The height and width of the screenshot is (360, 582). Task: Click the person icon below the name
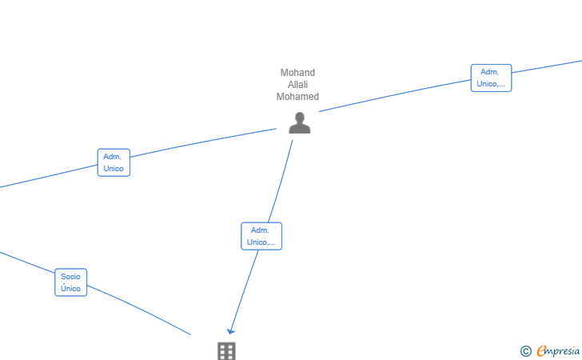tap(300, 123)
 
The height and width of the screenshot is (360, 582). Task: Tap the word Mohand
tap(297, 73)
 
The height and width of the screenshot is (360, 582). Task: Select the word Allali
tap(297, 85)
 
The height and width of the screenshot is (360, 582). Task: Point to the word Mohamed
tap(297, 97)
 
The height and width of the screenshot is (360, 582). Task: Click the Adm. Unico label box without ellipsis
tap(114, 162)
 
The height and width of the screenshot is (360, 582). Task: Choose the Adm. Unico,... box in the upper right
tap(491, 78)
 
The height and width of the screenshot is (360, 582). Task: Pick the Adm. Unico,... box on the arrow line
tap(261, 236)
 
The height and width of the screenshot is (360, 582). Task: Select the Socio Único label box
tap(70, 282)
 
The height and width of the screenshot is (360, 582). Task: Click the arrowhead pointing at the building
tap(230, 330)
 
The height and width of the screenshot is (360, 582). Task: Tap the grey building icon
tap(226, 351)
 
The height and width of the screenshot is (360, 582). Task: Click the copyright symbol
tap(526, 351)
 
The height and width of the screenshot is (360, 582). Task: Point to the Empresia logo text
tap(558, 350)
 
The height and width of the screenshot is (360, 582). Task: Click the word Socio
tap(70, 277)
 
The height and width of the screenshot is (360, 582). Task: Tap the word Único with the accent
tap(70, 288)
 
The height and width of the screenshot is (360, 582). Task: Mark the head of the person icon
tap(300, 118)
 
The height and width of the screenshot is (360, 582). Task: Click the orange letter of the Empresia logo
tap(541, 350)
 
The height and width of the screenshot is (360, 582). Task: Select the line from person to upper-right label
tap(395, 95)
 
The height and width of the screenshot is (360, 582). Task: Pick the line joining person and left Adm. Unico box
tap(203, 142)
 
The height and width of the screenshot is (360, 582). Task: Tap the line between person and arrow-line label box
tap(281, 182)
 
